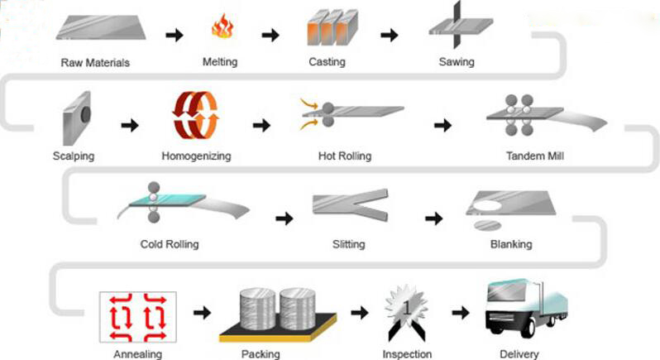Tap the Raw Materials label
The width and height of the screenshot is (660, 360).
coord(95,63)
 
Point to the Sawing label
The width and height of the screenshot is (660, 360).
coord(457,62)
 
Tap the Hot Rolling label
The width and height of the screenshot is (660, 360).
coord(345,156)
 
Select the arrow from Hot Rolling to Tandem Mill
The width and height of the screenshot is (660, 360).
coord(443,125)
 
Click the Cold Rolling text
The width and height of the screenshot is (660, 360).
coord(170,244)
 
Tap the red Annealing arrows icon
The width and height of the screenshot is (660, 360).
coord(136,316)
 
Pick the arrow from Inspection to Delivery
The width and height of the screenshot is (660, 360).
coord(462,313)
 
